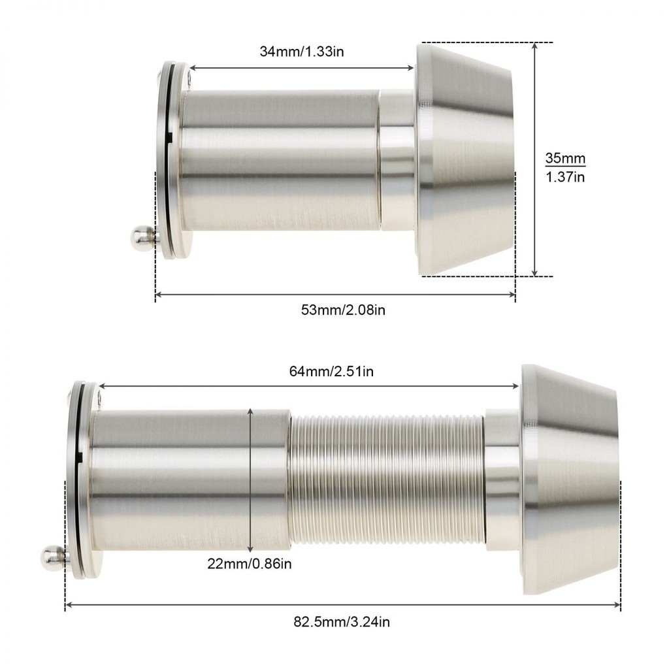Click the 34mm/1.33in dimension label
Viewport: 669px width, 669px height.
pyautogui.click(x=302, y=52)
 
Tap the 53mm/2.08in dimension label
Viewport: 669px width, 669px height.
pyautogui.click(x=343, y=310)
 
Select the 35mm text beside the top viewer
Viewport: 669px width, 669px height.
pyautogui.click(x=565, y=158)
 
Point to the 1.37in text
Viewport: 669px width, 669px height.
pyautogui.click(x=565, y=176)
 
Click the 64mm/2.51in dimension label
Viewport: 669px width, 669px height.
pyautogui.click(x=331, y=372)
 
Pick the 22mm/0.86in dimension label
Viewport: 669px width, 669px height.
pyautogui.click(x=250, y=564)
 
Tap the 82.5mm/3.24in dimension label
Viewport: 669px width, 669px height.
pyautogui.click(x=342, y=622)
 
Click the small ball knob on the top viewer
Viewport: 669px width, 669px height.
pyautogui.click(x=144, y=236)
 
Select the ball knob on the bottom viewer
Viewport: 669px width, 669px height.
pyautogui.click(x=54, y=557)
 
